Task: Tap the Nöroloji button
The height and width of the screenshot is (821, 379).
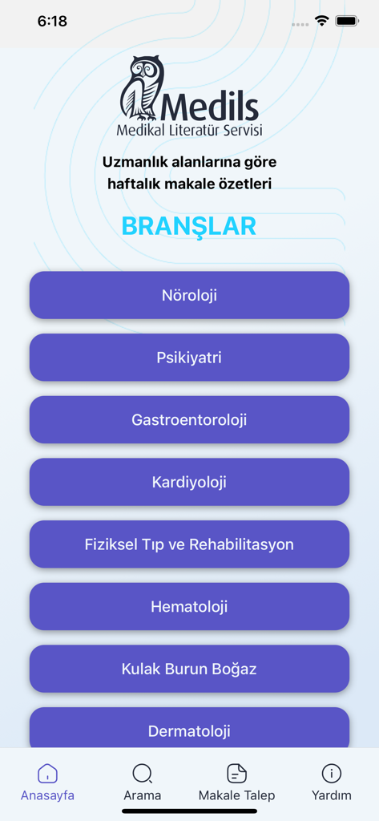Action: point(189,295)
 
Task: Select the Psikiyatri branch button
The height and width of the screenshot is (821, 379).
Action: point(189,358)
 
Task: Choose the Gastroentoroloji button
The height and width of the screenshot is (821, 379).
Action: point(189,420)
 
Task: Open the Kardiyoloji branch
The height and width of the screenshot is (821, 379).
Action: point(189,482)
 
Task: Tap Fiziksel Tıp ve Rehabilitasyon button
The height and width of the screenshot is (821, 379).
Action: point(189,544)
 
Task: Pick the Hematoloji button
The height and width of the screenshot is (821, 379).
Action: point(189,607)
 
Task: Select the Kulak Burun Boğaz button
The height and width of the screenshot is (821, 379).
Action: point(189,669)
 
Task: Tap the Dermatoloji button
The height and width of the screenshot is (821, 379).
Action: point(189,729)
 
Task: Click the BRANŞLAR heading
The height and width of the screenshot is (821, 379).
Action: point(189,226)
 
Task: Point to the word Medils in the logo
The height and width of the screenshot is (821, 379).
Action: point(211,106)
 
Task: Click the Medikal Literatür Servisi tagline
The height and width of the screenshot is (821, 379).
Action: point(189,130)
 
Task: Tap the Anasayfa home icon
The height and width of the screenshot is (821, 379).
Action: point(47,774)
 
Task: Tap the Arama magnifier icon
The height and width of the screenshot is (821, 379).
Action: point(142,774)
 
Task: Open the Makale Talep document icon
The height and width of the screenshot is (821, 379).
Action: point(236,774)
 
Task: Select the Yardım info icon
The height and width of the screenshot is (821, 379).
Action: point(331,774)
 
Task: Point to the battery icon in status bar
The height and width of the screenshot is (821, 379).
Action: point(348,22)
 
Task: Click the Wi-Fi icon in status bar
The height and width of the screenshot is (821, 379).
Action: point(322,22)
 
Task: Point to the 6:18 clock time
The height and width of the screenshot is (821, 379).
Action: point(52,22)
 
